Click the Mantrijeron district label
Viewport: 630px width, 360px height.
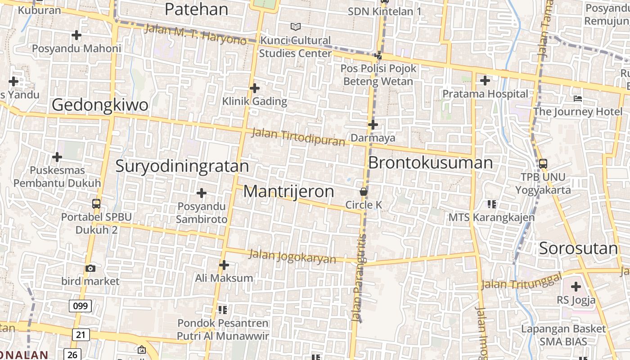[x=288, y=191]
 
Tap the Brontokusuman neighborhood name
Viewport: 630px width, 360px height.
[x=430, y=162]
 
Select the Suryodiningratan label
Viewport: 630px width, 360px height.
[x=182, y=166]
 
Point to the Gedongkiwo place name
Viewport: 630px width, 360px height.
[x=100, y=105]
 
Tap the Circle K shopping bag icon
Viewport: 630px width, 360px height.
[x=364, y=192]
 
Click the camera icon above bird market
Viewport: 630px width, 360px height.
[x=90, y=268]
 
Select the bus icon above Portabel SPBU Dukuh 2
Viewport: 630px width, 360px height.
[x=96, y=203]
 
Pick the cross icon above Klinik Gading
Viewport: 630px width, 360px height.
[x=255, y=88]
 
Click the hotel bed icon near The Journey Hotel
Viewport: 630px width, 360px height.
[x=578, y=99]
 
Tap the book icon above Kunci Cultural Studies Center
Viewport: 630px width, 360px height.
[x=295, y=27]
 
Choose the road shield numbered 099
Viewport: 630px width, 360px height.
[x=80, y=306]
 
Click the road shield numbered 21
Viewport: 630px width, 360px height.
[x=81, y=334]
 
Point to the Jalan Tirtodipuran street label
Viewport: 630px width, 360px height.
[x=298, y=137]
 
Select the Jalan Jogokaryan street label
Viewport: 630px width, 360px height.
[x=292, y=256]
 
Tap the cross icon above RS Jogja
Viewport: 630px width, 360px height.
[x=576, y=287]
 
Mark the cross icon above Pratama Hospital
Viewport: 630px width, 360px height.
[x=485, y=81]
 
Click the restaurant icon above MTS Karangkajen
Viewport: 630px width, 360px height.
[x=491, y=204]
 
